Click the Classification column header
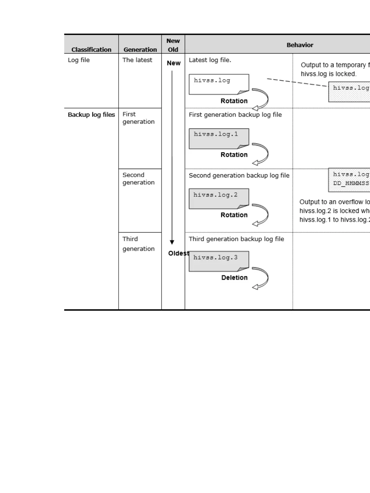tap(91, 49)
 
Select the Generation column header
tap(140, 49)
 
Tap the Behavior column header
tap(300, 45)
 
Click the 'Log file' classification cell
tap(79, 60)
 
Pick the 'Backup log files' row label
tap(91, 115)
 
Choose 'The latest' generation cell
tap(137, 60)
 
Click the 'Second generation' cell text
tap(138, 179)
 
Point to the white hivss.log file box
tap(219, 84)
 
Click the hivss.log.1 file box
tap(219, 138)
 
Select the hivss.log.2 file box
tap(219, 198)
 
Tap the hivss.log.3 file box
tap(219, 261)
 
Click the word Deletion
tap(234, 278)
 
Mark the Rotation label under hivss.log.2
tap(234, 215)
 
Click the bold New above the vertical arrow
tap(174, 63)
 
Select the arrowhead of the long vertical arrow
tap(172, 242)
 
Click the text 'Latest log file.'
tap(210, 60)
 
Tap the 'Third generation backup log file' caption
tap(236, 239)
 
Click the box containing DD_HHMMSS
tap(349, 180)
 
